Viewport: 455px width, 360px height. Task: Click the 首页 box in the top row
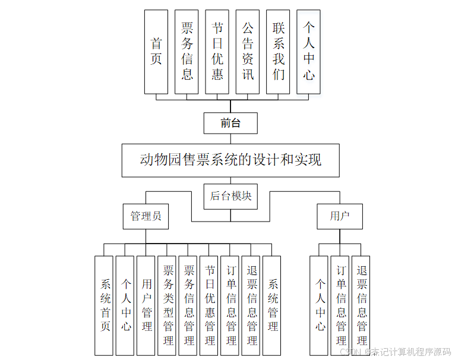156,52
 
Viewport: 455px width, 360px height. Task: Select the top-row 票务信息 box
187,52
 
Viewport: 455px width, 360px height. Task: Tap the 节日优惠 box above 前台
217,52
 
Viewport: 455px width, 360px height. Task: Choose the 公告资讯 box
248,52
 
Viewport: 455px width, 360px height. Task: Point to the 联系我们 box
278,52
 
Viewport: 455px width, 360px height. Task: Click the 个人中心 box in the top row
308,52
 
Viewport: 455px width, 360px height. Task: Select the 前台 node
230,124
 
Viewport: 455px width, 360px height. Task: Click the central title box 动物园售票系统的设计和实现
230,160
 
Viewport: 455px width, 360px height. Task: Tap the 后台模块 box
230,196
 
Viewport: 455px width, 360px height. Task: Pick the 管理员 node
146,216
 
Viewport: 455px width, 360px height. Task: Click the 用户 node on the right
339,216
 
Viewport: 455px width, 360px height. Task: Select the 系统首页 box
104,305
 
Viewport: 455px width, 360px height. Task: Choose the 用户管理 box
146,305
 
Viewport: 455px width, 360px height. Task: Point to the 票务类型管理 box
167,305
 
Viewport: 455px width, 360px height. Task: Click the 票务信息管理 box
188,305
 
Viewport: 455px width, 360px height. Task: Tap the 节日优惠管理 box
209,305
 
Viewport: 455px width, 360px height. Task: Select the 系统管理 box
272,305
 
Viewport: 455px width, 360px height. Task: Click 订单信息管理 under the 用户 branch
340,305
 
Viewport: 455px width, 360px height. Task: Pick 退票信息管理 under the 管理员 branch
251,305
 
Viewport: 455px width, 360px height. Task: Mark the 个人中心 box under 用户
320,305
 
